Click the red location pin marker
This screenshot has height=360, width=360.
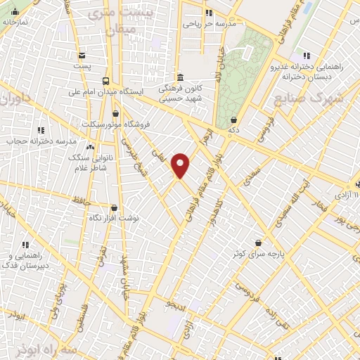click(x=181, y=165)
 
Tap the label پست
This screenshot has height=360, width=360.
click(x=82, y=66)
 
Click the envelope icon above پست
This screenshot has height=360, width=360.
click(x=82, y=56)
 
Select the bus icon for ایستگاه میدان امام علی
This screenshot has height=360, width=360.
click(x=106, y=80)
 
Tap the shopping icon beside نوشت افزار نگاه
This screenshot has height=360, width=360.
click(x=114, y=207)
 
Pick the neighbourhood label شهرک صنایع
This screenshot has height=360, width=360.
click(x=309, y=98)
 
